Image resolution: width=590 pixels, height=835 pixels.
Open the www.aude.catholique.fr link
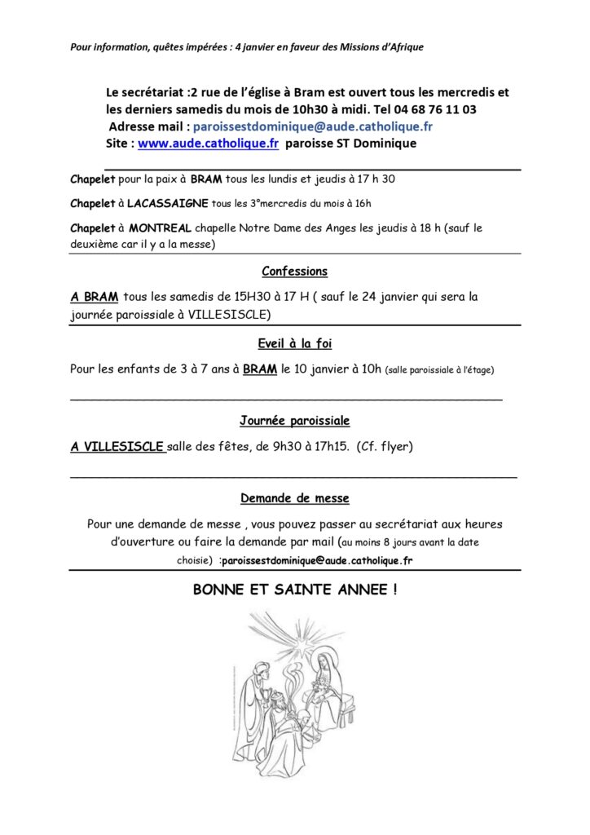click(209, 143)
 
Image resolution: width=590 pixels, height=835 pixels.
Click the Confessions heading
click(295, 272)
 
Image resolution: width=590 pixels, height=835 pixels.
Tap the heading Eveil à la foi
click(295, 343)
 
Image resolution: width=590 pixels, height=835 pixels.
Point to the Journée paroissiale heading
click(295, 421)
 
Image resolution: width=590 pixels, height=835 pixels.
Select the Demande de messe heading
click(295, 497)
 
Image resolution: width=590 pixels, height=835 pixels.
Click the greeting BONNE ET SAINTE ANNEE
click(295, 588)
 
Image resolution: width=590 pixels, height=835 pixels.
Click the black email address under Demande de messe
click(317, 561)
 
